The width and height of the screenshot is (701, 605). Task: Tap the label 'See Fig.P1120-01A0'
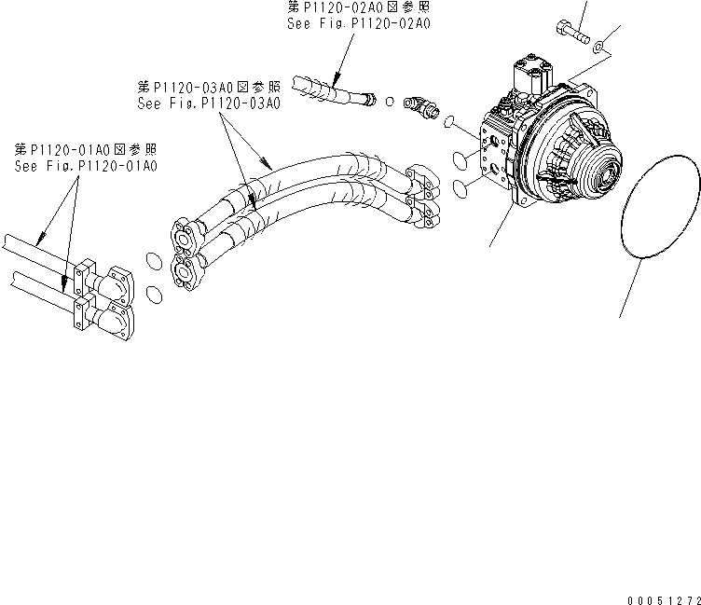[x=85, y=166]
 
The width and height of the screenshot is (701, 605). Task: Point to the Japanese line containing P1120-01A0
[x=85, y=150]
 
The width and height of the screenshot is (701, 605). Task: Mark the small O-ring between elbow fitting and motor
[x=450, y=122]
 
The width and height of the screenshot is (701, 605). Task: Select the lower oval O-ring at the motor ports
[x=460, y=190]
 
